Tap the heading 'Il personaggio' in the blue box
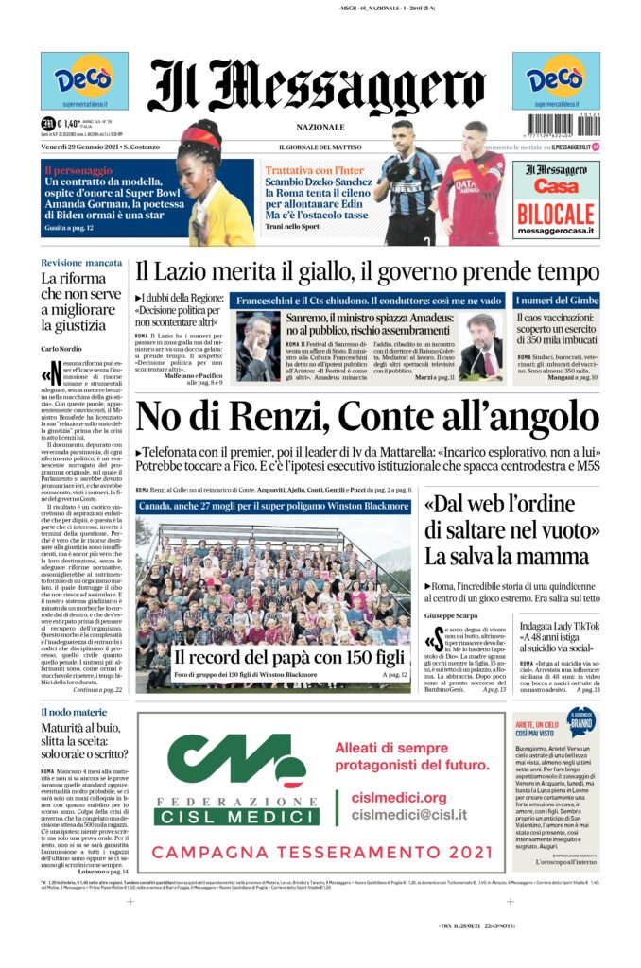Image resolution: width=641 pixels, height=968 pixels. (78, 170)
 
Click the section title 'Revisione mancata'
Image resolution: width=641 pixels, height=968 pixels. (81, 262)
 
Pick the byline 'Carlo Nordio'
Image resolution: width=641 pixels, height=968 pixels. (61, 350)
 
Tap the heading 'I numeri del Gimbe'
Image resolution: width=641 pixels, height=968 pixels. (556, 301)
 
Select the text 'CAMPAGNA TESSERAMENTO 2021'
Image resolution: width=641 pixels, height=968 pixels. (321, 851)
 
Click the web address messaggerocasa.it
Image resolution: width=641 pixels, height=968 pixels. (556, 231)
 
